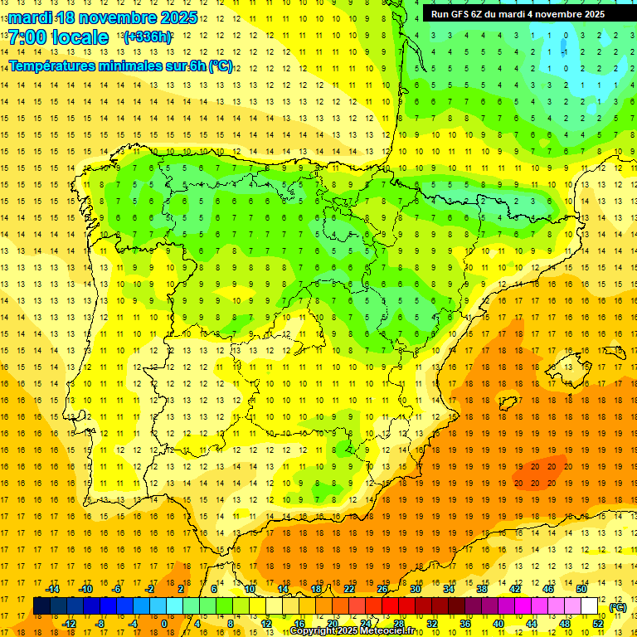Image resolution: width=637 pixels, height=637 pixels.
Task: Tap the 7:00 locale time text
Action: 58,37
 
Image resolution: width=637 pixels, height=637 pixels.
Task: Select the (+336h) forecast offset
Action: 148,37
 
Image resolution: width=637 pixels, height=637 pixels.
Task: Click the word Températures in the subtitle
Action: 59,66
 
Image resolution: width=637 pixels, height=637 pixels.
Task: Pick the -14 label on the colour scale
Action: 52,589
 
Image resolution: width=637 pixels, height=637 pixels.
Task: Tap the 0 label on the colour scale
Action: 163,624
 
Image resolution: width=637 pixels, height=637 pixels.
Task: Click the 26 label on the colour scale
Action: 382,589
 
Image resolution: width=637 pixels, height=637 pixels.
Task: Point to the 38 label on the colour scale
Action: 481,589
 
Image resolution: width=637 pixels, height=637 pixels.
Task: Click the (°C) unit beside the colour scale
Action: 618,607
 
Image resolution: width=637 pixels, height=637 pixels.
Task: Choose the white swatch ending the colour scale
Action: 590,606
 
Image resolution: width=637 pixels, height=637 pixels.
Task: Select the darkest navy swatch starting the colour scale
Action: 41,606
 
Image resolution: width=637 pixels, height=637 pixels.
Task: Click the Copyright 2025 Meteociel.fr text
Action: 352,631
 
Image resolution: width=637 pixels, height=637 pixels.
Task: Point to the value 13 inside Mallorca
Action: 570,367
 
